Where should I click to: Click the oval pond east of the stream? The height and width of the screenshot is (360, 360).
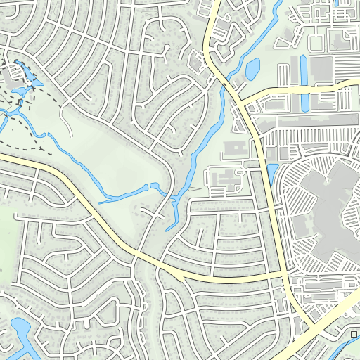pos(252,69)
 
